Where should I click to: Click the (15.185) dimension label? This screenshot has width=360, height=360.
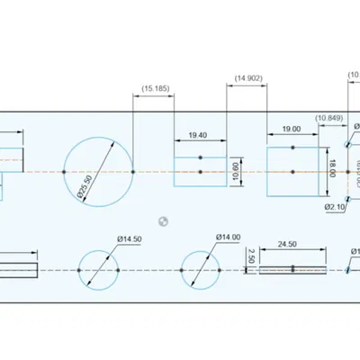155,88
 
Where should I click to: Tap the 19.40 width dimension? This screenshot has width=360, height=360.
198,135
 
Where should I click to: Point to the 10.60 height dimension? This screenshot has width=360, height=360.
236,171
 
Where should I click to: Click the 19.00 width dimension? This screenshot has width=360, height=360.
291,130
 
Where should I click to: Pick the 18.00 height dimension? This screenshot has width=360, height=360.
332,167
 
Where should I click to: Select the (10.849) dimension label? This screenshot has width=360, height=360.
328,119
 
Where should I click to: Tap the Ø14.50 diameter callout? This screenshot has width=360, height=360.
129,239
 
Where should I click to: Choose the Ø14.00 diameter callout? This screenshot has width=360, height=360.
228,238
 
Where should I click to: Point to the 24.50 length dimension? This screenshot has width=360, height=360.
287,244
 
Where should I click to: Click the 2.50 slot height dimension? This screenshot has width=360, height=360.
251,256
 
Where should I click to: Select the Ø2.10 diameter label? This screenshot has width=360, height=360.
335,207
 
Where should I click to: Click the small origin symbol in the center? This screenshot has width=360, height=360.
162,219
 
